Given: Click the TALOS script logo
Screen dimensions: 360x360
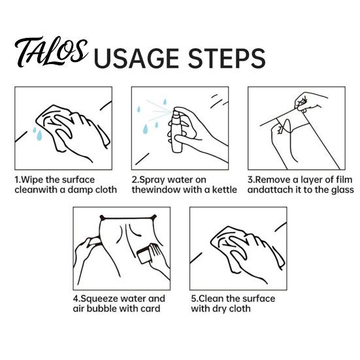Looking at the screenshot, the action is pos(51,52).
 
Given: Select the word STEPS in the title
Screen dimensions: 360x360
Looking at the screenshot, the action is pos(227,58).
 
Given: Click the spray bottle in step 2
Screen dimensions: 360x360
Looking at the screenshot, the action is pos(177,130).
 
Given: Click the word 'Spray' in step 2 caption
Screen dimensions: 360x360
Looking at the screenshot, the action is pos(152,180).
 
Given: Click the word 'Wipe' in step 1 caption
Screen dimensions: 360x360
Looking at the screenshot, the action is pos(32,180).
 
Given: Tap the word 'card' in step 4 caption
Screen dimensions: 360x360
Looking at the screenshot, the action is pos(151,308).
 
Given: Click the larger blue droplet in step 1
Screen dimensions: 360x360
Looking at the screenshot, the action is pos(39,135).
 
